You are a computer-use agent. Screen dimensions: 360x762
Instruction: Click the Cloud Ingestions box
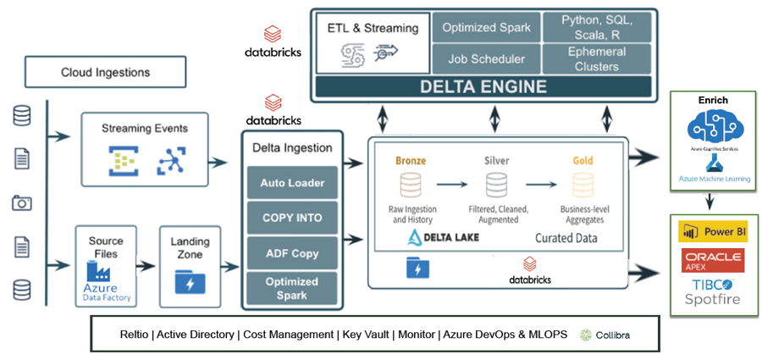105,73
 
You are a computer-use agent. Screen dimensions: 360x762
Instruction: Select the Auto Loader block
292,182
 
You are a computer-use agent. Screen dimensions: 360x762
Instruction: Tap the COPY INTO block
292,218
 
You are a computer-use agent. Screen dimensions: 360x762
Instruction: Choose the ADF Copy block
292,253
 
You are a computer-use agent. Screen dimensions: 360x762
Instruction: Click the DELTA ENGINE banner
484,86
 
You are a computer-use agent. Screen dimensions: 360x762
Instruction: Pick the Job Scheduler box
486,59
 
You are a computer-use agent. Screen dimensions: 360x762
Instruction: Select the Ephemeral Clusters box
596,59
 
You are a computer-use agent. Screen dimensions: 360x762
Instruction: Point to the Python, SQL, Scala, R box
596,27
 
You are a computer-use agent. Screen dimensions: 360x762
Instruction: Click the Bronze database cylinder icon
410,185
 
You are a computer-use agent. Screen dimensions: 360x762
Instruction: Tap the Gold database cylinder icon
583,185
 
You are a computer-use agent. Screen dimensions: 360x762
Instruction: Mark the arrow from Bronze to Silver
451,184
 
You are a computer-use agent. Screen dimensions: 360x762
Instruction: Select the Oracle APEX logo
711,260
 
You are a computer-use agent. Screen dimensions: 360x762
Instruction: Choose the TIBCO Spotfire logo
711,291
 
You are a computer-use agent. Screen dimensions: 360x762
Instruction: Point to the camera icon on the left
22,202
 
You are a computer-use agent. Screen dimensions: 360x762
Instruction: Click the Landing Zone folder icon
189,280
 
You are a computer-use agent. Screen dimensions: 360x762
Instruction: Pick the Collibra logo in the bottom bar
605,335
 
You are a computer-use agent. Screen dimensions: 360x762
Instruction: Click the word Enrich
713,100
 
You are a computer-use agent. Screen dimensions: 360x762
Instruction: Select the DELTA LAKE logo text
443,236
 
